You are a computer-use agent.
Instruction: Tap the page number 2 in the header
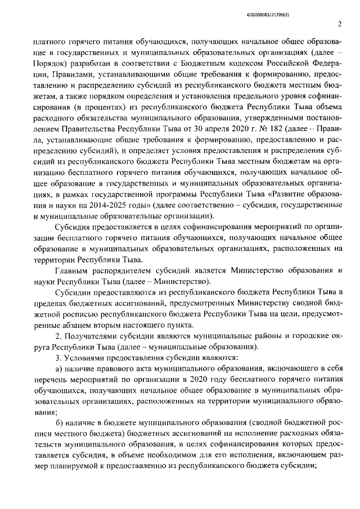(340, 24)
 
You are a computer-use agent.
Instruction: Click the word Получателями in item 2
(94, 337)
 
